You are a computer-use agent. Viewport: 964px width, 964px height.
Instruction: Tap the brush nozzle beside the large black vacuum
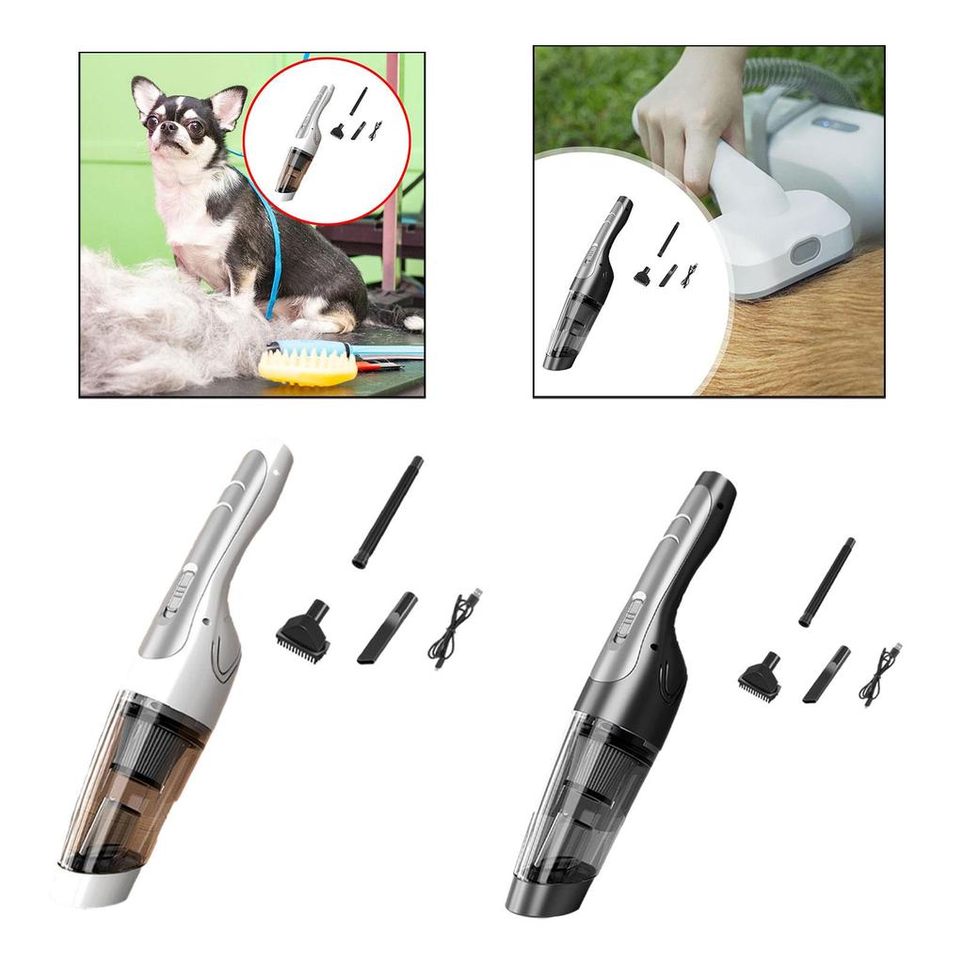pyautogui.click(x=759, y=675)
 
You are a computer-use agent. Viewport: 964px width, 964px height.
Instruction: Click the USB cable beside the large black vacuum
pyautogui.click(x=879, y=675)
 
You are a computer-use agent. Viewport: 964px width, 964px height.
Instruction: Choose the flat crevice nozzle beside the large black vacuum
pyautogui.click(x=826, y=674)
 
